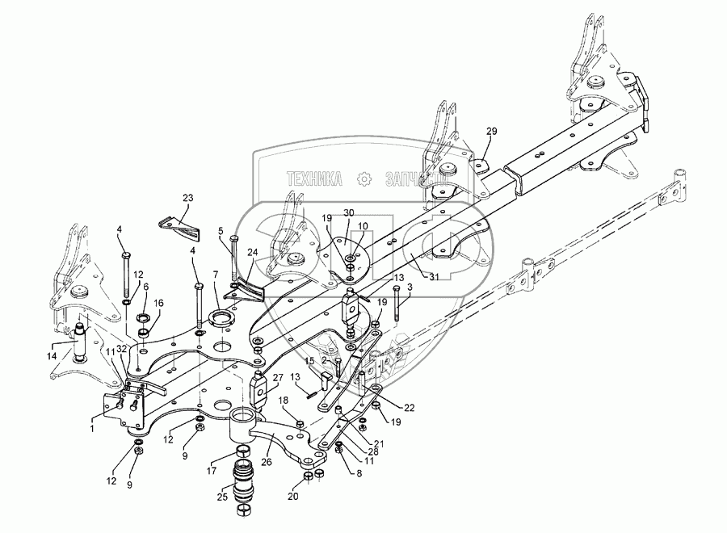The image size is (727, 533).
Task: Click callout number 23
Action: coord(187,198)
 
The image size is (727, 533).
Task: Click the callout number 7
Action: coord(216,275)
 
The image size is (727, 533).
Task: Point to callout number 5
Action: coord(221,231)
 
